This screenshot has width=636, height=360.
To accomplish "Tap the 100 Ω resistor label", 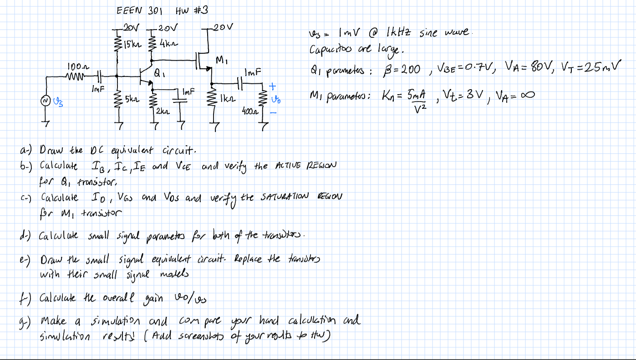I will [x=74, y=66].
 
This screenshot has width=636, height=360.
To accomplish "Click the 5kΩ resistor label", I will [x=130, y=98].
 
